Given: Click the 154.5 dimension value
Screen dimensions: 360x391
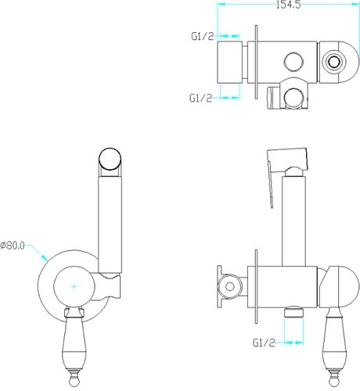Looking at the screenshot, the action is (x=288, y=5).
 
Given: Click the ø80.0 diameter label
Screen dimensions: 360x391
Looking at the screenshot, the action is (x=13, y=246).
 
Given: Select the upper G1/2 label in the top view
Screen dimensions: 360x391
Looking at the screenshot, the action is (x=203, y=37).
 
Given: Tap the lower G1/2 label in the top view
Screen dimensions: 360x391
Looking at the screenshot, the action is (x=200, y=98).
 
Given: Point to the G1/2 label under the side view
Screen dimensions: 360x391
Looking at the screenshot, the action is (x=264, y=343).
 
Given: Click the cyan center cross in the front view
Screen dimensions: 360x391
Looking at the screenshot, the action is (x=74, y=286).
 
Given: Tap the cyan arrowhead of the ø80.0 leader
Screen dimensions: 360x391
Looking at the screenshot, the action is (x=45, y=257).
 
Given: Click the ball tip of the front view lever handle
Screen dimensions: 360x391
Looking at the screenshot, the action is (x=74, y=382).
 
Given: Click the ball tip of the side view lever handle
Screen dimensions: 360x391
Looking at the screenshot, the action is (x=335, y=382).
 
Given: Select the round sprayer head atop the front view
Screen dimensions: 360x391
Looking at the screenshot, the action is (x=110, y=160).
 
